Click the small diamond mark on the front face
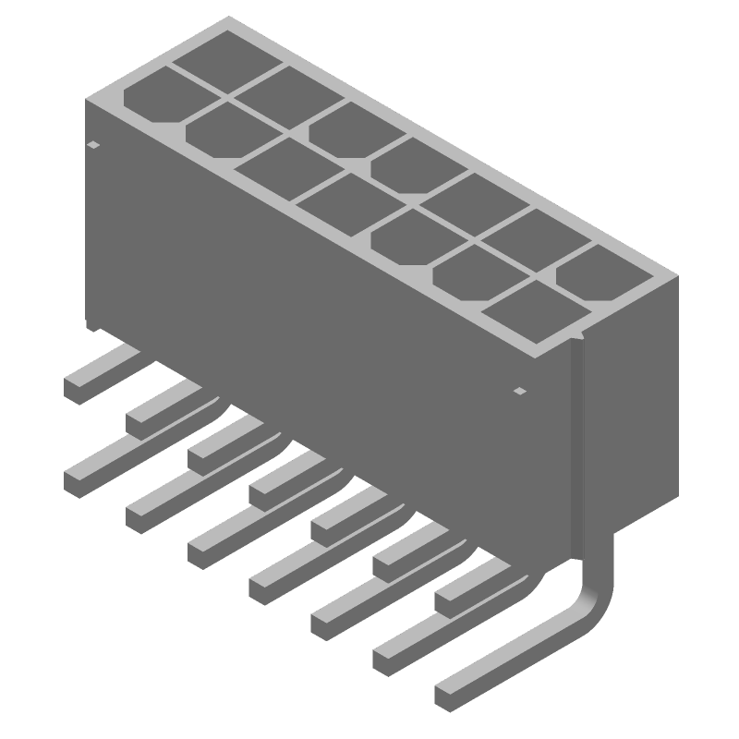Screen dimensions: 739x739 click(519, 392)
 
